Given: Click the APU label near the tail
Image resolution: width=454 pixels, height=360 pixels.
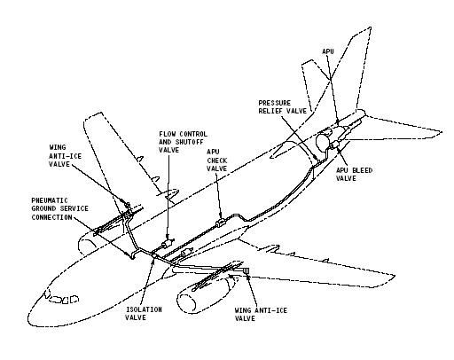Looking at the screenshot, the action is point(328,51).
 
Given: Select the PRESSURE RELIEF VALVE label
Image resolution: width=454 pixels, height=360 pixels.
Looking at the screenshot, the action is point(283,107).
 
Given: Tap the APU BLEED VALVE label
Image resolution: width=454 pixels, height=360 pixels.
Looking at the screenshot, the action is point(354,175).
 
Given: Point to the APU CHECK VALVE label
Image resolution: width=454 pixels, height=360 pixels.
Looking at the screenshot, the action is point(217,160).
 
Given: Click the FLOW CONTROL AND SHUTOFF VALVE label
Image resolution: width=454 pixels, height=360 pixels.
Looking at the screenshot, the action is point(183,142).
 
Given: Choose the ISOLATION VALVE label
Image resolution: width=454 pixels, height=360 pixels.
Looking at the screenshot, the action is point(144,314).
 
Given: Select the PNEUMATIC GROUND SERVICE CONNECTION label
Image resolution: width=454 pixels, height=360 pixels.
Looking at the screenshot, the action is point(60,209).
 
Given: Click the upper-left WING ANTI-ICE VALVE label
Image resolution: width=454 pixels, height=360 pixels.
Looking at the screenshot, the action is point(65,156).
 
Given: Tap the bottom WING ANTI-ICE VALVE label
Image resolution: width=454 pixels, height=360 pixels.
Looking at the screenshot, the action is point(261,315).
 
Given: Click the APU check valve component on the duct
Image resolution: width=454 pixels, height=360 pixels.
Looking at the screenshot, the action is point(221,223).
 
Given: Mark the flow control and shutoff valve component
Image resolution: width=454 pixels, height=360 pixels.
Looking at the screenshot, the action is point(167,244).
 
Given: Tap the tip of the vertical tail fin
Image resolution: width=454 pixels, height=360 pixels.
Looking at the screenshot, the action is point(371,27).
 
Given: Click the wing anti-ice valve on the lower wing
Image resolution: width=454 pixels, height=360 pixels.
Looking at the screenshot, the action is point(246,270).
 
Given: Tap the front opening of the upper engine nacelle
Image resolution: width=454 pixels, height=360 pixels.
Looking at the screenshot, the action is point(86,247).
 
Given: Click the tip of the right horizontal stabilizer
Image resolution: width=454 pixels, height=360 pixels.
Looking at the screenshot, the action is point(442,132).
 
